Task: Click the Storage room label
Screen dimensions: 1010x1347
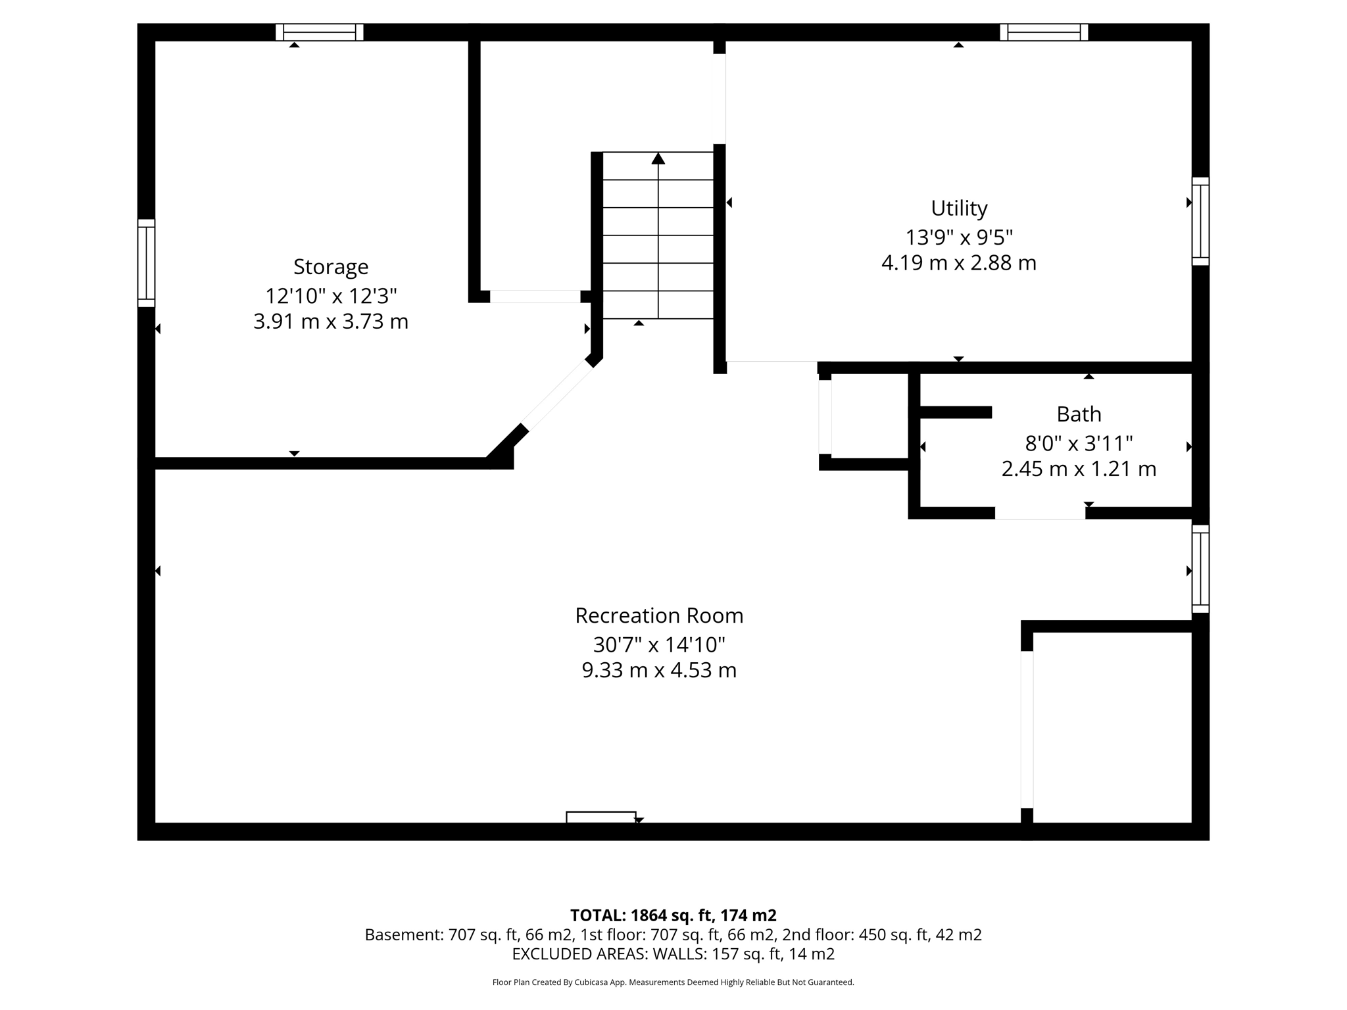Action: [331, 267]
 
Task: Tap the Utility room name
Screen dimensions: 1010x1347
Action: [959, 208]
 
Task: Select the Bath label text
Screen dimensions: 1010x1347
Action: [1079, 414]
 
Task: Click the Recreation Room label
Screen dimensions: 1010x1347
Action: [659, 615]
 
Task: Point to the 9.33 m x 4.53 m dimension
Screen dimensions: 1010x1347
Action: [659, 670]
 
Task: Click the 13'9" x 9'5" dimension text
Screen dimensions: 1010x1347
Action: [959, 236]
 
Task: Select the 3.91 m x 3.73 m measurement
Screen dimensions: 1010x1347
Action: [331, 322]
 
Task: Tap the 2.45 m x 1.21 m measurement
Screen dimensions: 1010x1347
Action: [1079, 469]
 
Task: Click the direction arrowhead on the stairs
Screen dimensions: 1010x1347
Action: [658, 158]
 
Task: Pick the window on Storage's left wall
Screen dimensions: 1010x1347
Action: [146, 263]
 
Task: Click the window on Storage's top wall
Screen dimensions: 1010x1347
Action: [319, 32]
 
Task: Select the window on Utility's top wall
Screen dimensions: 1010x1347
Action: [1044, 32]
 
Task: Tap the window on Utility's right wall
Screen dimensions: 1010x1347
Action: [1200, 221]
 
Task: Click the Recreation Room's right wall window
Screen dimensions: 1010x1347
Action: [1200, 569]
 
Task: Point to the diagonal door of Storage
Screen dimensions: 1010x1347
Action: [558, 395]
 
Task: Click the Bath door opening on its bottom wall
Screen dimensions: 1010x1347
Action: [1040, 513]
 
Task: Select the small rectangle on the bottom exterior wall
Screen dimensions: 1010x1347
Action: [600, 817]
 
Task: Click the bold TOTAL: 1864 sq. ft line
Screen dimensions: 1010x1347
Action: [673, 915]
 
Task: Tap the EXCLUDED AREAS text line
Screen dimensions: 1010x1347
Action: [673, 954]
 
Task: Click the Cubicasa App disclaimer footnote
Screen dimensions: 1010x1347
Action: [673, 982]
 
